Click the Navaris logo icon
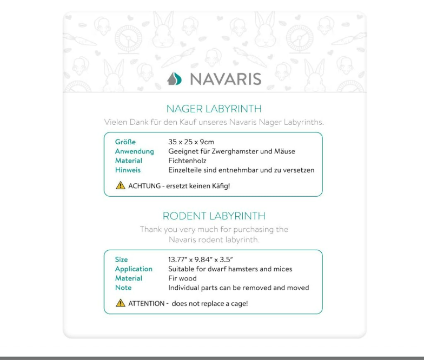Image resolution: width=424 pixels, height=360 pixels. point(174,79)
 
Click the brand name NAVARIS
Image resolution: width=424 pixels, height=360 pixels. point(226,79)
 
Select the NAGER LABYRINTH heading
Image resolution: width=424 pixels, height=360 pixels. point(214,109)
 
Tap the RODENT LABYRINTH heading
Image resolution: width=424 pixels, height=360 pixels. point(214,216)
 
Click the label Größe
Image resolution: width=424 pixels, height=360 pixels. point(125,142)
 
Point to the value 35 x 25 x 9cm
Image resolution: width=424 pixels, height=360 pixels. point(191,142)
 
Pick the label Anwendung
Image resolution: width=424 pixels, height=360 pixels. point(134,151)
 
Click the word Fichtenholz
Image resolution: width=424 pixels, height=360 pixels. point(187,161)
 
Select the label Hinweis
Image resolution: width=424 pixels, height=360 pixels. point(128,170)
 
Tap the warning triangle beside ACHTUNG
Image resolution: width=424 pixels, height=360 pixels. point(121,185)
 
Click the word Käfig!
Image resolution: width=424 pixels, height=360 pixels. point(219,186)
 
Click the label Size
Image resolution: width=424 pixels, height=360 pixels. point(121,259)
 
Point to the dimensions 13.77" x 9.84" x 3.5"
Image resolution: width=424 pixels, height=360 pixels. point(201,259)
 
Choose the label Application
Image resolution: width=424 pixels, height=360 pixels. point(134,269)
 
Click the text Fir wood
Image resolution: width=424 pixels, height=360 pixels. point(182,278)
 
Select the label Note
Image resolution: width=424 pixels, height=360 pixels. point(123,288)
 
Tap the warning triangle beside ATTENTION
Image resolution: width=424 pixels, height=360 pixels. point(121,303)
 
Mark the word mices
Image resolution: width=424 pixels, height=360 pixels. point(282,269)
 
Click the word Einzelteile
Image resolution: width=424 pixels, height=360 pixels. point(187,170)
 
